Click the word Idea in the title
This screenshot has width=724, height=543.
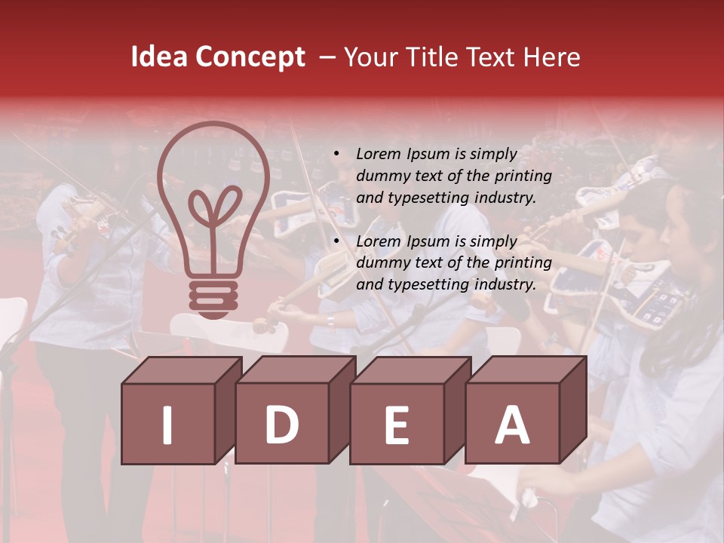pos(159,57)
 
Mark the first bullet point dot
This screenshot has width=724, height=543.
pos(336,155)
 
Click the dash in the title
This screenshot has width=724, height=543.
pos(327,57)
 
